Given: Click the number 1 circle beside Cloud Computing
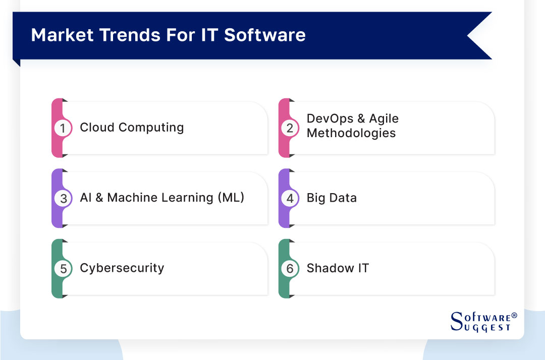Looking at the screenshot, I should tap(63, 128).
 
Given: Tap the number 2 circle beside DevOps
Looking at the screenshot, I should tap(290, 128).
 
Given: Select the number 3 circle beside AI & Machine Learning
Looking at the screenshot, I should tap(63, 198).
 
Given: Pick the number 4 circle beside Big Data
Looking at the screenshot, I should tap(290, 198).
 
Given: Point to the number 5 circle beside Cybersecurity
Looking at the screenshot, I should tap(63, 268).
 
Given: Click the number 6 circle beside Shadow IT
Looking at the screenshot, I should tap(290, 268).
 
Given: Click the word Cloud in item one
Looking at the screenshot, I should tap(96, 127).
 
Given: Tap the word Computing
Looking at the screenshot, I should tap(150, 128).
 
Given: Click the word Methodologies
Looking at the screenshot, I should tap(351, 133).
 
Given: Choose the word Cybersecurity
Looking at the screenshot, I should tap(122, 268).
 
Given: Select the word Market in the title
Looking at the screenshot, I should tap(62, 35).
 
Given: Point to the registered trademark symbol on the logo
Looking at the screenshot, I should tap(514, 315).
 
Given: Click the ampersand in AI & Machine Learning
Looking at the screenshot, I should tap(99, 198).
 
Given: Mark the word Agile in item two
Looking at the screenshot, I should tap(384, 119).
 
